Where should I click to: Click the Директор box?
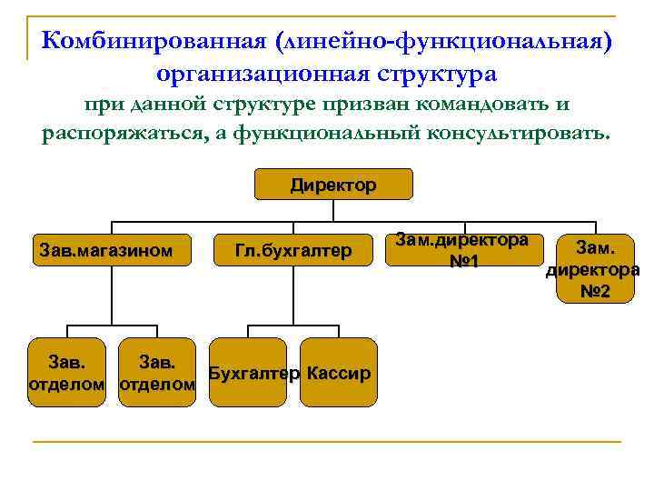333,185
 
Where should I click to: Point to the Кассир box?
338,374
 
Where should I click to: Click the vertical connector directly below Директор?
334,210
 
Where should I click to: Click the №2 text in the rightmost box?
595,292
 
